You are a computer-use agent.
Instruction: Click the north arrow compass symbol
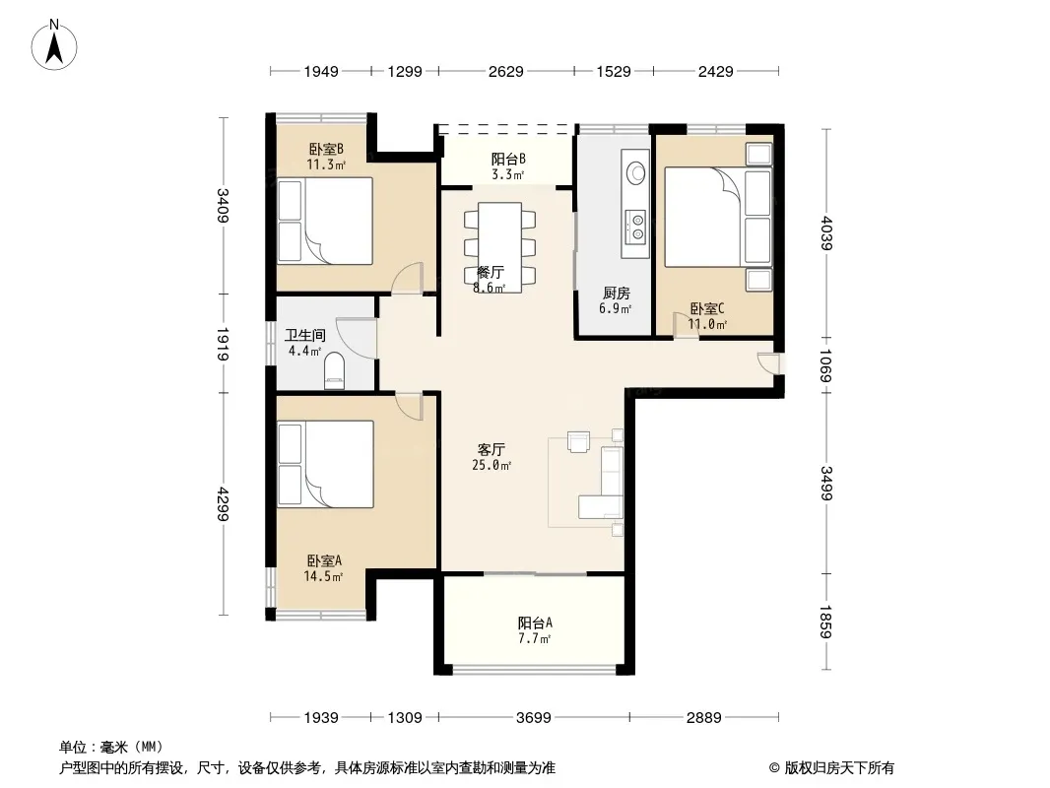(54, 45)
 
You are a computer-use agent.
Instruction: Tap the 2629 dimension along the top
(505, 71)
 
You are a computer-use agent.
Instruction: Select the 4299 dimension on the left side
(223, 504)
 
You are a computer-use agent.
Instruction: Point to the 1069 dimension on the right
(825, 365)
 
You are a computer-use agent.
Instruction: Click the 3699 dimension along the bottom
(534, 718)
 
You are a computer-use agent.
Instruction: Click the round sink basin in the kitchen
(635, 172)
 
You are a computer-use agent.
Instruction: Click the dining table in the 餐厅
(499, 247)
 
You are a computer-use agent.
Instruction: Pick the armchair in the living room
(578, 442)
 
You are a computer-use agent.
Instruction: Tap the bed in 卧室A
(325, 464)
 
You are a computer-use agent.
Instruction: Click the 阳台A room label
(535, 623)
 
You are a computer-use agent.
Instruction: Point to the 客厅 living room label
(491, 449)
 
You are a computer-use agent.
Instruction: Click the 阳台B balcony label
(508, 159)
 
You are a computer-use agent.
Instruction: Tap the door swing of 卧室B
(408, 278)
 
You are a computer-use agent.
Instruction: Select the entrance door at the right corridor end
(770, 362)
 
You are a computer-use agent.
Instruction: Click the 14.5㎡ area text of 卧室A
(323, 576)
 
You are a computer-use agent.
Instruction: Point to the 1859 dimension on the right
(825, 622)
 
